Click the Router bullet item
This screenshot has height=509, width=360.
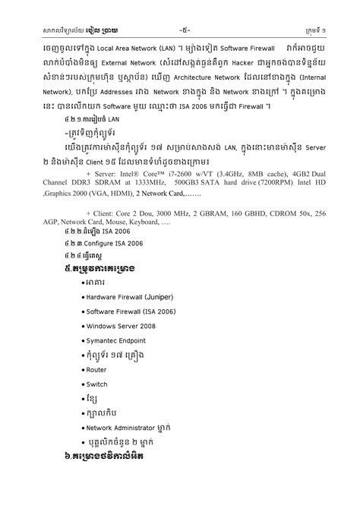[x=96, y=369]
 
